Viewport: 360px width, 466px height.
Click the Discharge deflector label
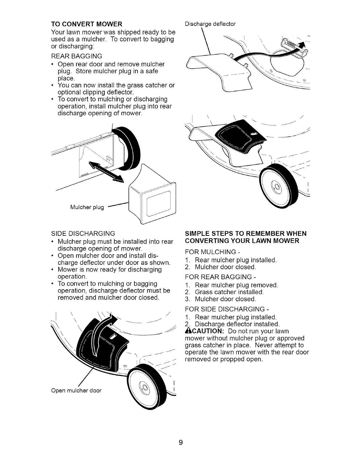[x=210, y=24]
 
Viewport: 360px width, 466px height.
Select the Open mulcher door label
[x=76, y=391]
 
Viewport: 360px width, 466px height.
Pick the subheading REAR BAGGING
[x=77, y=56]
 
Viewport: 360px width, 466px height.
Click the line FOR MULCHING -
[x=211, y=252]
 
